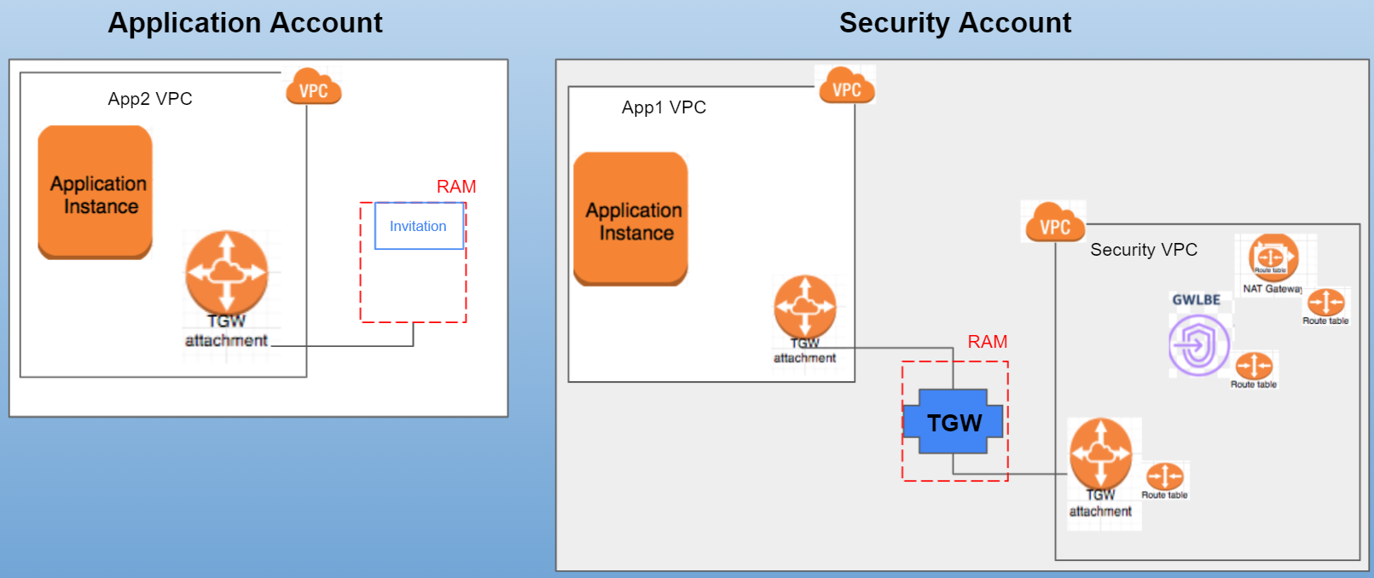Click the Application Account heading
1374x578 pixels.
click(x=245, y=23)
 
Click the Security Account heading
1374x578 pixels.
click(x=954, y=23)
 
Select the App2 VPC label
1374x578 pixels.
click(x=150, y=99)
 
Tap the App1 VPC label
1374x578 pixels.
click(x=664, y=107)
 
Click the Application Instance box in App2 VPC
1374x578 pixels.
click(x=96, y=193)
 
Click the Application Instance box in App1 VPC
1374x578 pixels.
click(x=631, y=219)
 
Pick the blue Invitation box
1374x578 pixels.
click(x=419, y=226)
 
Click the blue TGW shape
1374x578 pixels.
click(x=954, y=422)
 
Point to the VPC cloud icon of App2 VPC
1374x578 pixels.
click(x=313, y=87)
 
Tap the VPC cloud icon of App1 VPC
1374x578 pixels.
click(x=846, y=86)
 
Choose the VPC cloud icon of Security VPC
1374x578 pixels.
click(x=1054, y=223)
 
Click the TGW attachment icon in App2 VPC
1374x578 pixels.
click(x=227, y=273)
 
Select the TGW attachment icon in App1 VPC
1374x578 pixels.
click(x=804, y=308)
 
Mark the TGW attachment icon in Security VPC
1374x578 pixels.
click(x=1100, y=454)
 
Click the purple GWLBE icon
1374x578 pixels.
click(x=1199, y=345)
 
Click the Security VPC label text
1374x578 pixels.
click(x=1144, y=250)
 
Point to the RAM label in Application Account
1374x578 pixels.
click(x=456, y=187)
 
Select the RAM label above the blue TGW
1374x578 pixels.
click(x=988, y=342)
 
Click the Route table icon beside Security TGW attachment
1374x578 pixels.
click(x=1164, y=477)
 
